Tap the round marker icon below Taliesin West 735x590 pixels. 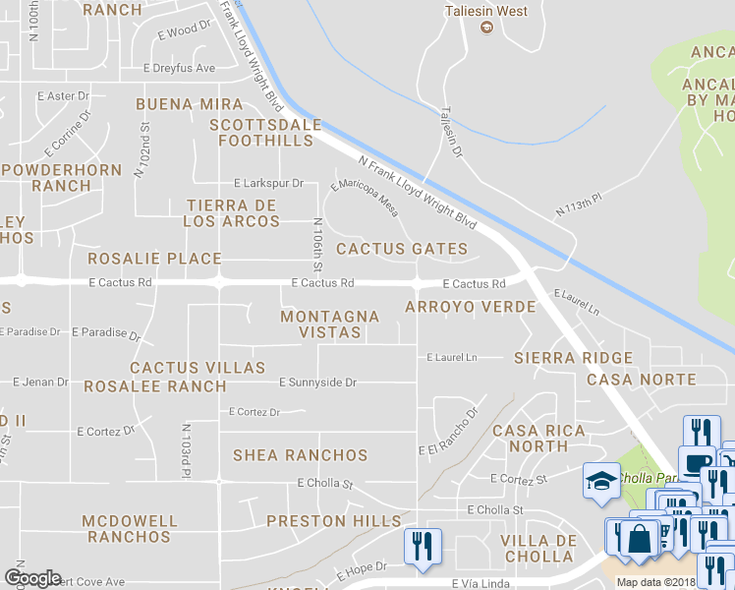tap(485, 29)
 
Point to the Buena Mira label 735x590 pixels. tap(190, 104)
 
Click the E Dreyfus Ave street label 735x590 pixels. tap(179, 69)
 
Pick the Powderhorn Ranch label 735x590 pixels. tap(62, 176)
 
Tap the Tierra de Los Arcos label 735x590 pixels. tap(232, 213)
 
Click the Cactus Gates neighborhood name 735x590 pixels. tap(402, 249)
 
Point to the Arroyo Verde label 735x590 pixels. tap(471, 307)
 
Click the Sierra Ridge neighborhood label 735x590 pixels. tap(574, 358)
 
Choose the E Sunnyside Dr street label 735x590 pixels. tap(317, 382)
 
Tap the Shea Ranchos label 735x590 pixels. tap(300, 455)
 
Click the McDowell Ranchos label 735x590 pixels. tap(130, 529)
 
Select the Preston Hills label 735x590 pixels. tap(333, 521)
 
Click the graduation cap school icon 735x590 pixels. tap(601, 482)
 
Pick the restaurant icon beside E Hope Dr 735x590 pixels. tap(424, 546)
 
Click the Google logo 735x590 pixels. tap(32, 578)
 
